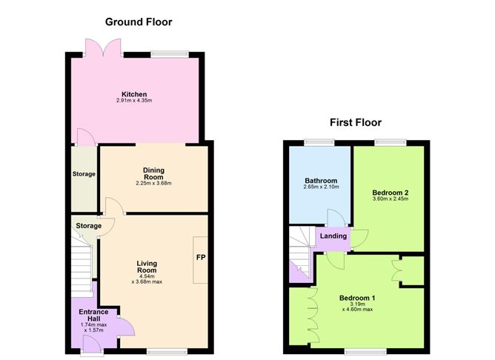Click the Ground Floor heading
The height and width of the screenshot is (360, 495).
(139, 22)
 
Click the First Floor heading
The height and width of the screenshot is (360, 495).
(356, 122)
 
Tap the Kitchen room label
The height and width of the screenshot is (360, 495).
(134, 94)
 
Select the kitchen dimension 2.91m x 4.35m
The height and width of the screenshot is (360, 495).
(134, 100)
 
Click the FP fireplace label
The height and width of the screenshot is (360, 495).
(201, 258)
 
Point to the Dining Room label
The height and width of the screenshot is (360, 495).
(153, 173)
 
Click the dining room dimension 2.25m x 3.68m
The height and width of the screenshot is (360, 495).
(153, 183)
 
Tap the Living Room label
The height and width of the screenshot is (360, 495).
(147, 267)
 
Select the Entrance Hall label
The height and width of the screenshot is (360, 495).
(93, 316)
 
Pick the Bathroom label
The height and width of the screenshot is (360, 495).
(321, 181)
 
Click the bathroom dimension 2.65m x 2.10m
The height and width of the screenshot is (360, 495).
(321, 187)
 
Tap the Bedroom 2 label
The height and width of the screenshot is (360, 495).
(391, 193)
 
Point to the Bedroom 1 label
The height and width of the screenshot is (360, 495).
(357, 298)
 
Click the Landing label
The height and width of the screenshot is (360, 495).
(333, 236)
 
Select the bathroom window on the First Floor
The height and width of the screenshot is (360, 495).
(319, 143)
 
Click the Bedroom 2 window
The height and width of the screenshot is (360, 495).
(391, 143)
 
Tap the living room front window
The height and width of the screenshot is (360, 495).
(167, 351)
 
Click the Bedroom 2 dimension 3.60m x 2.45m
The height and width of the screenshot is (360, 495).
(391, 199)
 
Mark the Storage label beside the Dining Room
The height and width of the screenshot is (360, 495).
(84, 174)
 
